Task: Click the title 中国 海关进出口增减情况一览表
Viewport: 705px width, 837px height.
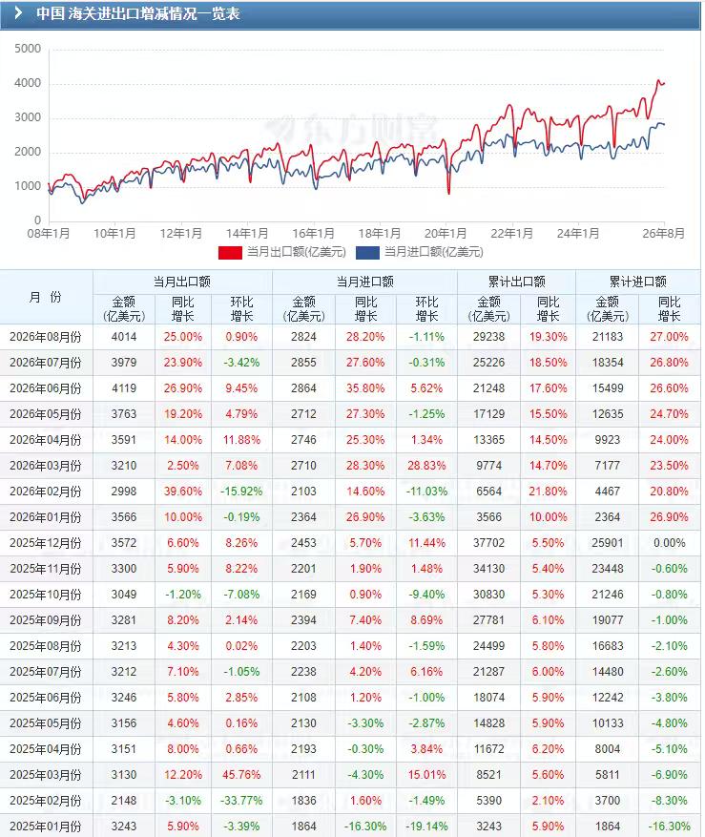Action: (x=137, y=13)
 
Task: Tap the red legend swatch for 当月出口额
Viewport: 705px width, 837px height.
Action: (x=230, y=252)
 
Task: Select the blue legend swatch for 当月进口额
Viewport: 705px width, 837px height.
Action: (x=367, y=252)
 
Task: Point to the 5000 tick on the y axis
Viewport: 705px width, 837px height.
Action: (x=28, y=49)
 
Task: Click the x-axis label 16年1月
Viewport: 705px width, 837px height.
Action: (x=313, y=234)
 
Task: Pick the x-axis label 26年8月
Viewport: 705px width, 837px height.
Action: (x=663, y=234)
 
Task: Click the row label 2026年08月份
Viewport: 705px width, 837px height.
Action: (x=46, y=337)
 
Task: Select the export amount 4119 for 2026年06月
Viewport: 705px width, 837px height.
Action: (x=124, y=388)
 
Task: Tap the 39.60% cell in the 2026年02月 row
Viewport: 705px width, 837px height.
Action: (x=183, y=492)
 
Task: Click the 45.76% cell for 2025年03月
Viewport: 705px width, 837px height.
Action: (x=241, y=775)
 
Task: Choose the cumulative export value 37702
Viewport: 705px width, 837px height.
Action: (x=488, y=543)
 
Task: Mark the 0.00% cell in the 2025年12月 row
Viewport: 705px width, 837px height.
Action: (x=670, y=543)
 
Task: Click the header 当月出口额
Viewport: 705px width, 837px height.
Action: (x=182, y=282)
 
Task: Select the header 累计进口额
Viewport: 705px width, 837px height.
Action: (x=638, y=282)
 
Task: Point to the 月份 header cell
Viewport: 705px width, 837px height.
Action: (x=46, y=297)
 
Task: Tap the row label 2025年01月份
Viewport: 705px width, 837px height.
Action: (x=46, y=827)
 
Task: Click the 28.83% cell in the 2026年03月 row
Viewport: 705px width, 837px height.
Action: (x=426, y=466)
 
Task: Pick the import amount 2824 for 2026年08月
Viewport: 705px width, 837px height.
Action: (x=303, y=337)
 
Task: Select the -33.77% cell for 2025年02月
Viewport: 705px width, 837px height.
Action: (x=241, y=801)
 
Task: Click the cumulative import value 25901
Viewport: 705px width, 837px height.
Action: (x=608, y=543)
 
